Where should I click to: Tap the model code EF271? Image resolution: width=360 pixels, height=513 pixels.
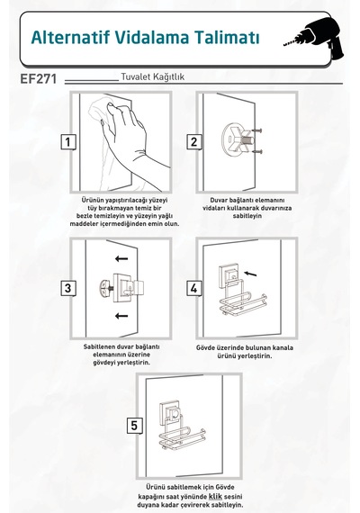click(x=39, y=79)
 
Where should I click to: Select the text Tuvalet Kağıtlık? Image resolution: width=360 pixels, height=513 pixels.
click(x=153, y=76)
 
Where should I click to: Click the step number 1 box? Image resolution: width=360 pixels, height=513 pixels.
click(x=68, y=142)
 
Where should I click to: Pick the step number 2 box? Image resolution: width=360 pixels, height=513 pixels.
click(x=194, y=142)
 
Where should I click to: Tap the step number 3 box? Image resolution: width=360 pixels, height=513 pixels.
click(x=68, y=288)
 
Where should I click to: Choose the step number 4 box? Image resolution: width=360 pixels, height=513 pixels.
click(x=194, y=288)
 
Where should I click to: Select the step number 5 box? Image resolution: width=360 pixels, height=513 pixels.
click(x=134, y=426)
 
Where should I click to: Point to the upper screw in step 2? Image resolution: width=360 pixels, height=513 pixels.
click(x=257, y=130)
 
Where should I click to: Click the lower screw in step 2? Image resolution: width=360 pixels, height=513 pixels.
click(x=257, y=151)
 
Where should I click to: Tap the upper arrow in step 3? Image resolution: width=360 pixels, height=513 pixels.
click(x=121, y=259)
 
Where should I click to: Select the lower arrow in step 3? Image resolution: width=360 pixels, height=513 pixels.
click(x=121, y=316)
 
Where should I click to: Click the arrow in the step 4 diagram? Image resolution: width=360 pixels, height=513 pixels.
click(x=250, y=274)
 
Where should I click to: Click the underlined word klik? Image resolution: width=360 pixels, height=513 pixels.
click(x=215, y=496)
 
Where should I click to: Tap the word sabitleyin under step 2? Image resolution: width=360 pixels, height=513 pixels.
click(x=247, y=216)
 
